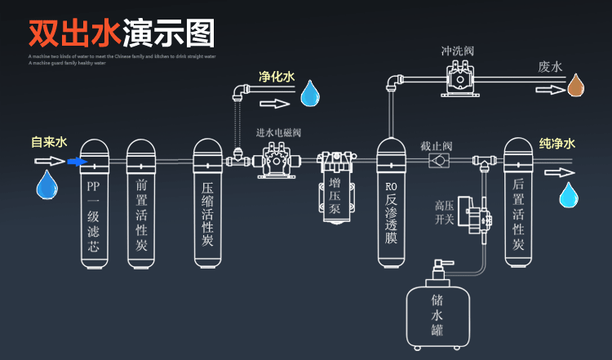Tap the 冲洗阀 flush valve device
tap(457, 78)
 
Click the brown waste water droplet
tap(576, 84)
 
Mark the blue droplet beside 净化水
tap(310, 94)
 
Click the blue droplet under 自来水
tap(47, 184)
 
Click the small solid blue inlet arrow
tap(77, 162)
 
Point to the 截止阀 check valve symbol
tap(441, 161)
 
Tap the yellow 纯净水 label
tap(557, 144)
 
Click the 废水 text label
tap(550, 67)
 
